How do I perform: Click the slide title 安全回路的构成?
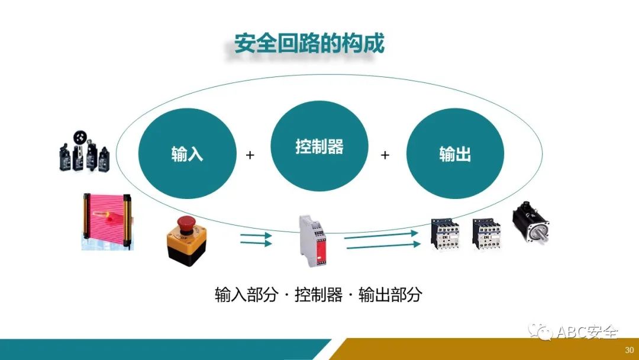pyautogui.click(x=309, y=44)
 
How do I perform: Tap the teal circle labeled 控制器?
pyautogui.click(x=319, y=147)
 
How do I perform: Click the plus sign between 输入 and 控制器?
pyautogui.click(x=250, y=155)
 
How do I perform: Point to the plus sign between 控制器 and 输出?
pyautogui.click(x=385, y=155)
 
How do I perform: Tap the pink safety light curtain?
pyautogui.click(x=106, y=219)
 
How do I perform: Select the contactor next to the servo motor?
pyautogui.click(x=486, y=233)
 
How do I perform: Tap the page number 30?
pyautogui.click(x=629, y=349)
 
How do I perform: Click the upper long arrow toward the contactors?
pyautogui.click(x=381, y=235)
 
